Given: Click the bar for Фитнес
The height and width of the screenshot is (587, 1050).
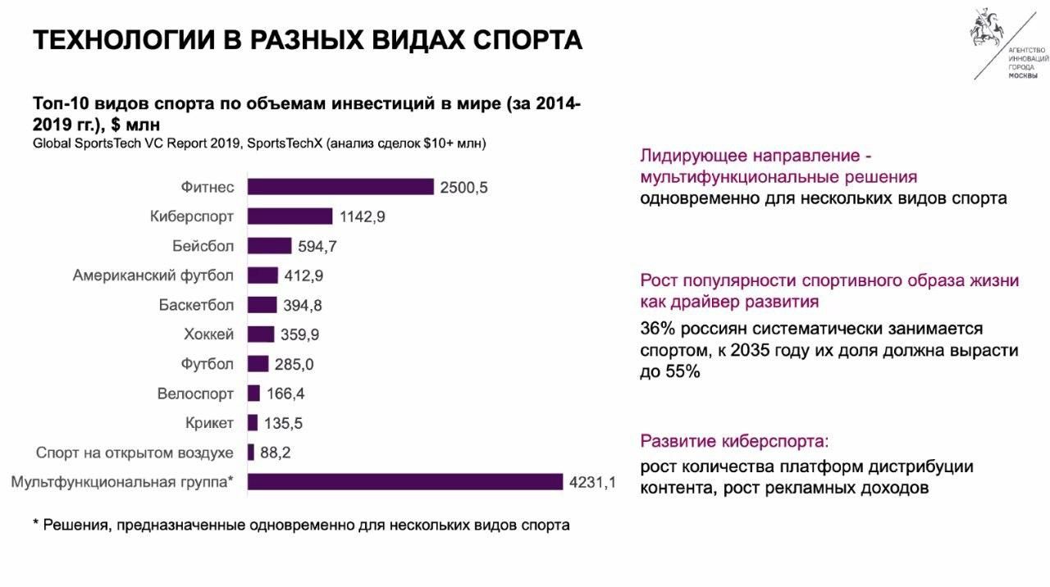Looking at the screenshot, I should [340, 187].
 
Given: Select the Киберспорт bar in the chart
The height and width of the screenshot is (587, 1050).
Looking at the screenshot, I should [290, 216].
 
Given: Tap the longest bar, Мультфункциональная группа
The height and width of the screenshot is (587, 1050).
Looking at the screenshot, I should [405, 482].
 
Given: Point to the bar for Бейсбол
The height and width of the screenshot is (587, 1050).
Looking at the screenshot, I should [269, 246].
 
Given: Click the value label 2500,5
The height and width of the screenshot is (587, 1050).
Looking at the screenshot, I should [463, 188].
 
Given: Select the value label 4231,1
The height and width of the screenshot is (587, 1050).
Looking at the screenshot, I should [591, 483].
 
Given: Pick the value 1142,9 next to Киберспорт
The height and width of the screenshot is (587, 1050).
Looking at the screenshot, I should [362, 217].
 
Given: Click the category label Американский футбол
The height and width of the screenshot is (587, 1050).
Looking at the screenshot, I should [153, 275].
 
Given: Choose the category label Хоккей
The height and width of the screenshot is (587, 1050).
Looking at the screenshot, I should [209, 334].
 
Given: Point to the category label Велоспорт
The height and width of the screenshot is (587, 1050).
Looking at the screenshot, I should [195, 394].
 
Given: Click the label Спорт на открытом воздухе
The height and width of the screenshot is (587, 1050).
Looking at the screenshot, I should [135, 453].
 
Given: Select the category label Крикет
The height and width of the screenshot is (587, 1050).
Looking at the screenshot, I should [209, 423].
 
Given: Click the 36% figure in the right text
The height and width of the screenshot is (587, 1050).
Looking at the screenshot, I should [656, 329].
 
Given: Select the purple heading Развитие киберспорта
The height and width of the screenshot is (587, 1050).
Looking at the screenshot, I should [734, 441].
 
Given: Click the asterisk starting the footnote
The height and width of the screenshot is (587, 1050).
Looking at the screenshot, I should [36, 524].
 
